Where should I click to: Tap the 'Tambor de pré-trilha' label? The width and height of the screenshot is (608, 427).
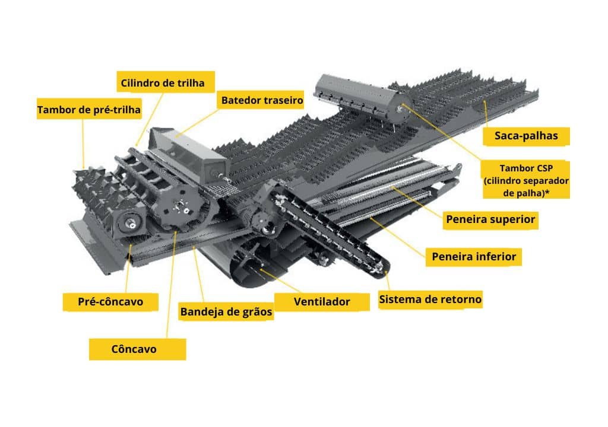[x=89, y=109]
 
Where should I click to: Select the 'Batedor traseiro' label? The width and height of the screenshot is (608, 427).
[x=262, y=100]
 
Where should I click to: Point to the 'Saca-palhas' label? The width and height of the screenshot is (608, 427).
[x=526, y=136]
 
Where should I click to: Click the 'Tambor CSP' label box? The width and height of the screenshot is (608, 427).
[x=526, y=180]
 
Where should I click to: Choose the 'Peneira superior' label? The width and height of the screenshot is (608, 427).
[x=490, y=219]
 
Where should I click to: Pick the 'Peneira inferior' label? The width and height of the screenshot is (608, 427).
[x=474, y=257]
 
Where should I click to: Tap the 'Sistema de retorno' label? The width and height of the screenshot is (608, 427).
[x=430, y=299]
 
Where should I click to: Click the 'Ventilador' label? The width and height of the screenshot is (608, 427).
[x=322, y=301]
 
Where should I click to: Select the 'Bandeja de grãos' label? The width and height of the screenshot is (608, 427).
[x=226, y=311]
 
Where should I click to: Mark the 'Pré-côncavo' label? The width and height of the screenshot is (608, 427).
[x=110, y=301]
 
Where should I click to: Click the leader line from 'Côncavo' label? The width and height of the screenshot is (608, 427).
[x=171, y=285]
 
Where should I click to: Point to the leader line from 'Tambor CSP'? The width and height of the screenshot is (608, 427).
[x=442, y=132]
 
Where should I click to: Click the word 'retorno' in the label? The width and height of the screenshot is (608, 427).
[x=461, y=299]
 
